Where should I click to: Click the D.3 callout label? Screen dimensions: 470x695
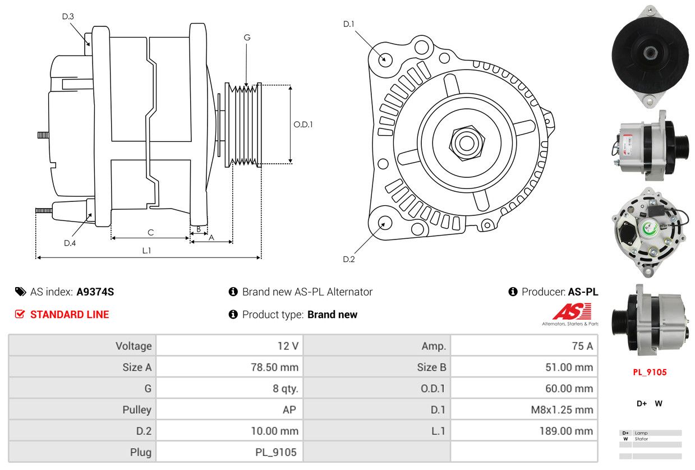click(68, 16)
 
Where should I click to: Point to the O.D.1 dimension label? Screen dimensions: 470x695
click(303, 125)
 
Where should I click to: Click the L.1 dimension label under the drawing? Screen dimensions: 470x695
click(146, 251)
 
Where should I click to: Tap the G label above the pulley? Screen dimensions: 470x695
click(247, 38)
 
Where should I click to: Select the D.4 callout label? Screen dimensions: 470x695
click(70, 243)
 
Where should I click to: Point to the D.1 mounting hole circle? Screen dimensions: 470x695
click(385, 58)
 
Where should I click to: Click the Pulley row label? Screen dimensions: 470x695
click(137, 409)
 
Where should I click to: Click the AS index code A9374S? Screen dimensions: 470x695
click(95, 292)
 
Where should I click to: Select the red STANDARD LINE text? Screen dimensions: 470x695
click(70, 315)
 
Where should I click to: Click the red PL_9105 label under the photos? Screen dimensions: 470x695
click(650, 372)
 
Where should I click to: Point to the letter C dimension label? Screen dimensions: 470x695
click(150, 232)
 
